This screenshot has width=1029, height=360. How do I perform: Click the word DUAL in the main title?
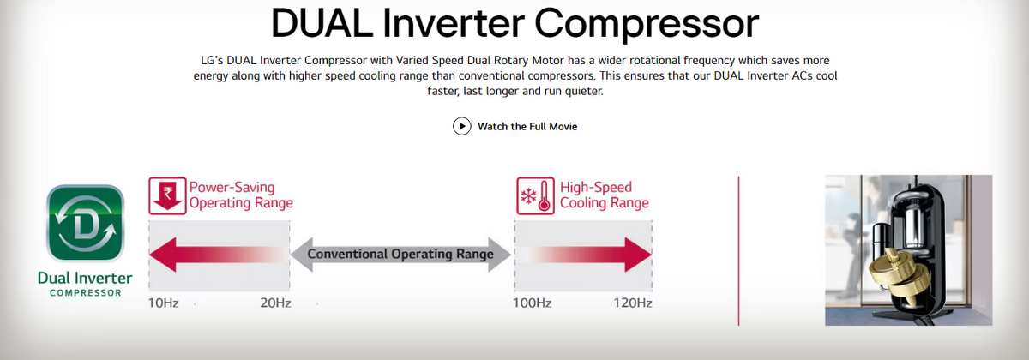pos(322,23)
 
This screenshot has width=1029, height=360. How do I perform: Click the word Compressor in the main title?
pos(647,25)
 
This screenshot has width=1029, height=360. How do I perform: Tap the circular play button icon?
pos(461,126)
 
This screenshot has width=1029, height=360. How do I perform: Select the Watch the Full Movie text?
pos(527,126)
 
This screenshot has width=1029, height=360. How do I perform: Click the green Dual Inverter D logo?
pos(86,223)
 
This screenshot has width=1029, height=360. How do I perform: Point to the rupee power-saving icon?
pos(167,195)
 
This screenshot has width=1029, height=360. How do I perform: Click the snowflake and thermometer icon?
pos(535,195)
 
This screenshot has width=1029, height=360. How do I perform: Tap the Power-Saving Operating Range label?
pos(241,195)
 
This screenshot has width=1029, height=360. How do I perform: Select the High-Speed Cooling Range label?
pos(604,195)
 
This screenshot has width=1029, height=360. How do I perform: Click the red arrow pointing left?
pos(219,255)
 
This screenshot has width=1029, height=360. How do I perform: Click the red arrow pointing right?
pos(590,255)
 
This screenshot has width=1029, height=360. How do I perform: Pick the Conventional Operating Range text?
pos(400,254)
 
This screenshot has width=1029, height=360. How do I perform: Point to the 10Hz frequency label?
pos(163,303)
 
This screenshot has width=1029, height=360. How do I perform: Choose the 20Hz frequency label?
pos(275,303)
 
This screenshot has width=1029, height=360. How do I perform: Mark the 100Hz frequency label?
pos(533,303)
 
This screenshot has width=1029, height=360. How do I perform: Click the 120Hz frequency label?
pos(633,303)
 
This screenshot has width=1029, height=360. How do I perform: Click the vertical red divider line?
pos(738,250)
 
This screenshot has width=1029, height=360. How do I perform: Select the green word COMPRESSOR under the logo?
pos(86,293)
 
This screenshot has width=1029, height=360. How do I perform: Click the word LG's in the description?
pos(212,61)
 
